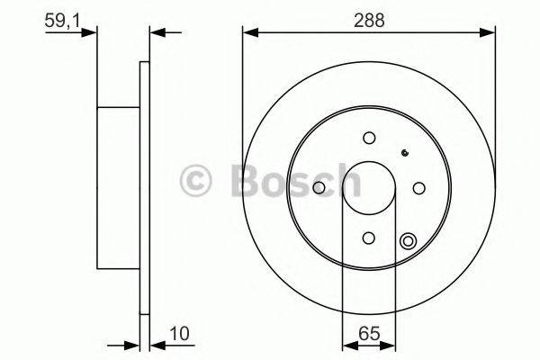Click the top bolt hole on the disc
pos(369,138)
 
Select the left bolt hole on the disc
pos(319,187)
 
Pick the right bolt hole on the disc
pos(418,187)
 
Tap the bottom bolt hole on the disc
pos(369,237)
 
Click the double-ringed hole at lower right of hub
pos(409,240)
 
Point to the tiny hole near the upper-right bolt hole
pos(406,153)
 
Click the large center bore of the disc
pos(369,187)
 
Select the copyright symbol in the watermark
pos(196,181)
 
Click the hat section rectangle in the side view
pos(118,187)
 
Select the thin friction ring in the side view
pos(144,187)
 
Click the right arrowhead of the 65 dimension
pos(389,343)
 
